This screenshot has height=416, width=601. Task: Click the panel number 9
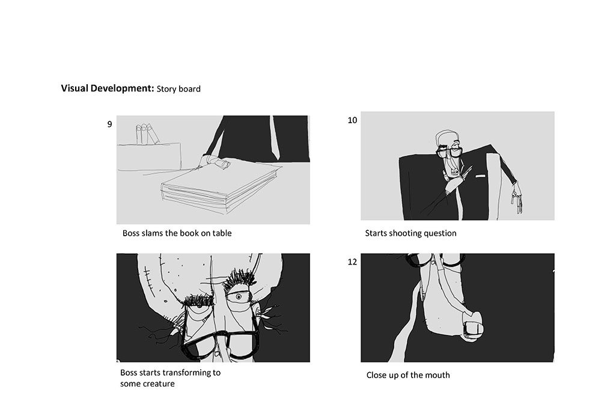(x=109, y=124)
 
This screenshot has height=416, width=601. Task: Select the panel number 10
(x=352, y=120)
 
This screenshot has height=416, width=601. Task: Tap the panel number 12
(x=352, y=262)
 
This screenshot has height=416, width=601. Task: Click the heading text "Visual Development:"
(x=108, y=88)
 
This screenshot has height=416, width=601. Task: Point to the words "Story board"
(x=178, y=89)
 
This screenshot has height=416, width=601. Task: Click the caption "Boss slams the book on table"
(x=177, y=233)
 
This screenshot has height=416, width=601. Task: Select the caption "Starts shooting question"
(x=410, y=233)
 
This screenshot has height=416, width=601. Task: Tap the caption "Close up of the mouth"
(x=408, y=375)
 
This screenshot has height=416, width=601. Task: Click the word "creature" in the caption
(x=159, y=384)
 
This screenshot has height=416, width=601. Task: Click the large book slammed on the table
(x=219, y=186)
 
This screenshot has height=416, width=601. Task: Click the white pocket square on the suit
(x=480, y=176)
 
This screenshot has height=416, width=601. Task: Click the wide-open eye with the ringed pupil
(x=238, y=297)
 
